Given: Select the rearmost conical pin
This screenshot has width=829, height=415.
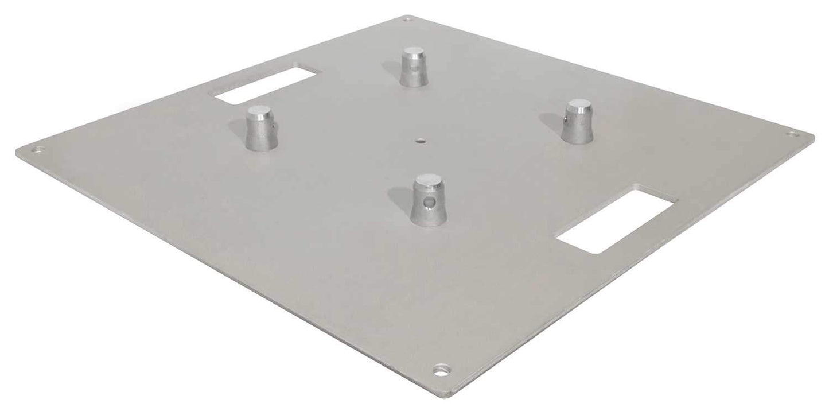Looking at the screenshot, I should pyautogui.click(x=414, y=68).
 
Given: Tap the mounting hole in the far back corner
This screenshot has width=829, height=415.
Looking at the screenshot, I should pyautogui.click(x=408, y=20).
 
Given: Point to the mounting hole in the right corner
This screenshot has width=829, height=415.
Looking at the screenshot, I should pyautogui.click(x=793, y=135).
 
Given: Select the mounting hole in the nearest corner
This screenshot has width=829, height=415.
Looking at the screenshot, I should pyautogui.click(x=441, y=368).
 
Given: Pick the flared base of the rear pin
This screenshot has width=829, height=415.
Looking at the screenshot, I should pyautogui.click(x=414, y=81).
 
